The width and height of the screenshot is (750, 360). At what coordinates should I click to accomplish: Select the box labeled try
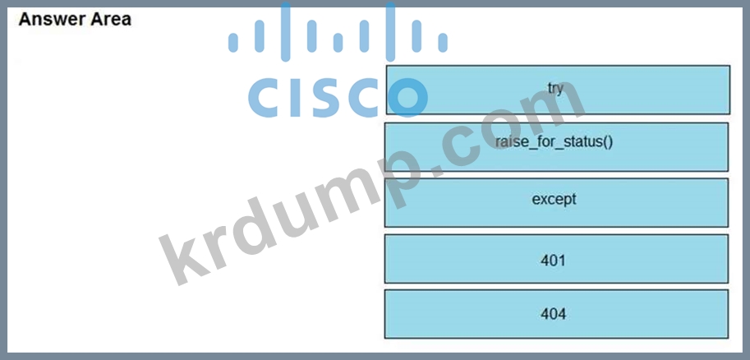click(x=557, y=89)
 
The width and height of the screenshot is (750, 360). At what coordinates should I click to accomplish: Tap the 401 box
click(x=555, y=259)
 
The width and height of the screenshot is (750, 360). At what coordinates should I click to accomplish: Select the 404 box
click(x=555, y=314)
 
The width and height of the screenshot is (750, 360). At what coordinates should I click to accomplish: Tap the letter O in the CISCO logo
click(x=404, y=95)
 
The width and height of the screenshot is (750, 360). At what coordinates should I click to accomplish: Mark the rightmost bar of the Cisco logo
click(x=443, y=43)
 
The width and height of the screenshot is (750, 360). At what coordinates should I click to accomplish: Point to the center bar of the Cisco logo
click(x=338, y=29)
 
